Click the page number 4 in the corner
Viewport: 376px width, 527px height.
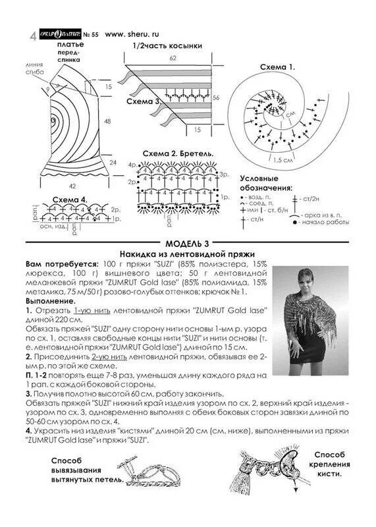point(33,35)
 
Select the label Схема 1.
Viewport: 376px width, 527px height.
point(277,68)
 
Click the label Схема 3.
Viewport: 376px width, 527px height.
point(147,103)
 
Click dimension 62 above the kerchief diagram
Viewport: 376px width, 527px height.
point(173,59)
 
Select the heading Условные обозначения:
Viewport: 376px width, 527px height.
point(265,183)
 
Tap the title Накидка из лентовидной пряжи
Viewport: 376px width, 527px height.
point(187,253)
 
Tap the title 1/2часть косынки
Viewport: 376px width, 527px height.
point(167,46)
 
